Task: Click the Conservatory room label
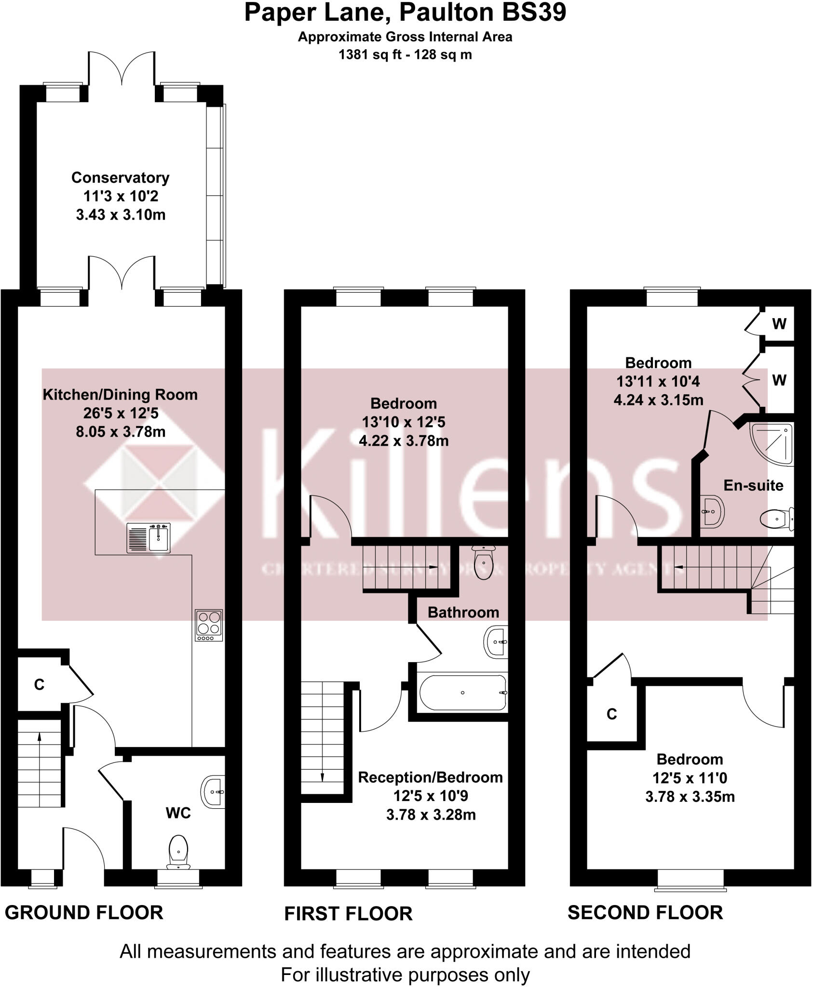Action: pyautogui.click(x=120, y=178)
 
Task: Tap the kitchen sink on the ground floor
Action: pyautogui.click(x=149, y=538)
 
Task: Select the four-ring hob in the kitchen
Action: pyautogui.click(x=209, y=626)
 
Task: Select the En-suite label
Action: pyautogui.click(x=753, y=485)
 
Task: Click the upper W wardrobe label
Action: pyautogui.click(x=779, y=324)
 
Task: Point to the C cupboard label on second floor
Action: pyautogui.click(x=611, y=714)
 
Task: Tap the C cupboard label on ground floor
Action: pyautogui.click(x=39, y=684)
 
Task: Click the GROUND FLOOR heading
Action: pyautogui.click(x=84, y=913)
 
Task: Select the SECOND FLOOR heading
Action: pyautogui.click(x=645, y=913)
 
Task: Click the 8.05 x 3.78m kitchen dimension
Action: pyautogui.click(x=121, y=432)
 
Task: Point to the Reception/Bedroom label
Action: pyautogui.click(x=430, y=777)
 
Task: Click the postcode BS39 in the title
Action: pyautogui.click(x=534, y=13)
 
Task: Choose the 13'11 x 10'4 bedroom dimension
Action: pyautogui.click(x=658, y=382)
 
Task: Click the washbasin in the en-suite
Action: pyautogui.click(x=713, y=511)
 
